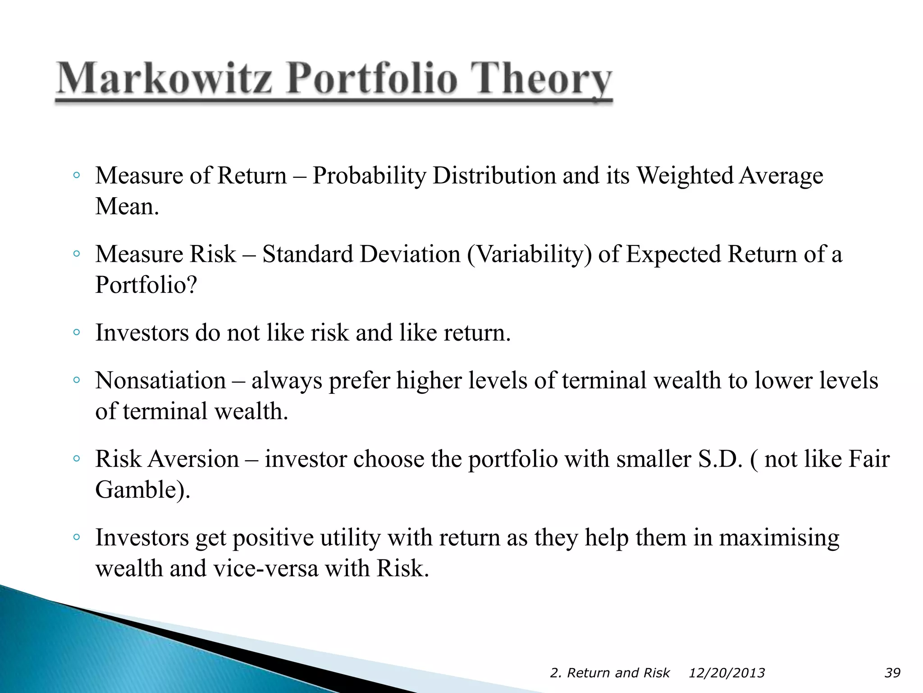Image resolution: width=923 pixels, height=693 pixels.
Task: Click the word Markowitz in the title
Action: (x=165, y=79)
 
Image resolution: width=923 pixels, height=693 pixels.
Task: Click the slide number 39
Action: (x=892, y=673)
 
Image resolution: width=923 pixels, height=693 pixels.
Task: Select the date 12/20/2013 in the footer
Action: (x=727, y=673)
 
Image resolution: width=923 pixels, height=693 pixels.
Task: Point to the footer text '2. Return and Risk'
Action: (x=609, y=673)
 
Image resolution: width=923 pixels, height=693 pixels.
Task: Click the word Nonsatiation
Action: (x=160, y=380)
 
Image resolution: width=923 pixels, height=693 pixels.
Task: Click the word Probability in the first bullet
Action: (x=369, y=176)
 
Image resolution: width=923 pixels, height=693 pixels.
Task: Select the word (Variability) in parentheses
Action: (x=529, y=254)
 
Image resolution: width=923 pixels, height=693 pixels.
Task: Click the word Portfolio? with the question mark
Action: (x=146, y=285)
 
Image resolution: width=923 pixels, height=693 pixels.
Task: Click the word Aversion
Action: (x=193, y=459)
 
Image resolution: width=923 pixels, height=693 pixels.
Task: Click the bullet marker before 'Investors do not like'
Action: (x=77, y=333)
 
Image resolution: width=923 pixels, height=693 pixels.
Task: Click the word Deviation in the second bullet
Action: (x=410, y=254)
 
